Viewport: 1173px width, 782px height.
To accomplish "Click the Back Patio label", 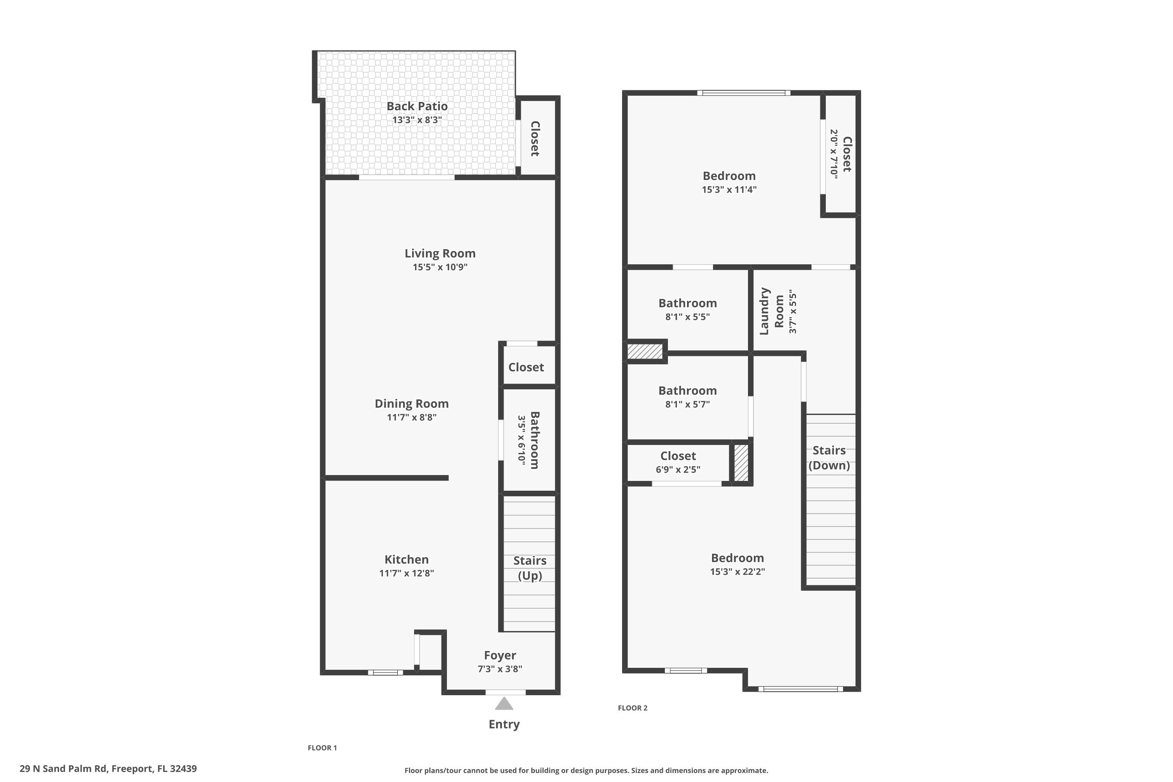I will coord(417,106).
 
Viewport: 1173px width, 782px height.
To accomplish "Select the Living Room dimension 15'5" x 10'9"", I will coord(440,267).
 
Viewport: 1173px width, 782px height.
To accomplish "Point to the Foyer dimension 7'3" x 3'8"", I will coord(500,669).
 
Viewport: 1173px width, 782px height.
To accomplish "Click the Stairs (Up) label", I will coord(530,568).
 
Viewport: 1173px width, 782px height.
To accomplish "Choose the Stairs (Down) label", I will coord(829,457).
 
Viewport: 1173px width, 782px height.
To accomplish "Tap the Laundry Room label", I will coord(771,311).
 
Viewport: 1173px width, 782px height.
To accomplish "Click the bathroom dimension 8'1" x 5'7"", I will coord(687,404).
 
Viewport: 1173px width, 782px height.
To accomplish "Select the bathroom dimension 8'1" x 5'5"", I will coord(687,317).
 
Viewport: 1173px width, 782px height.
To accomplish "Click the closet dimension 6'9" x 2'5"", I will coord(678,469).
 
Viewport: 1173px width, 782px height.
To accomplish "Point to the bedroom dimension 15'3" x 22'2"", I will coord(737,572).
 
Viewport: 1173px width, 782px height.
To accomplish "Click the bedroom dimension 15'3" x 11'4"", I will coord(729,190).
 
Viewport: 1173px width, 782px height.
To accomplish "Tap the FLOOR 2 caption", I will coord(632,708).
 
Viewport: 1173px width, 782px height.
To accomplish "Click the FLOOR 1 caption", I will coord(322,748).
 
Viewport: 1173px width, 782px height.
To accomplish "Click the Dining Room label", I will coord(411,404).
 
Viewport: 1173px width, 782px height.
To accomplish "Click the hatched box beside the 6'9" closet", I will coord(741,463).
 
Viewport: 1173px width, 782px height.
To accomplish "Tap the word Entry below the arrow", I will coord(504,724).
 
